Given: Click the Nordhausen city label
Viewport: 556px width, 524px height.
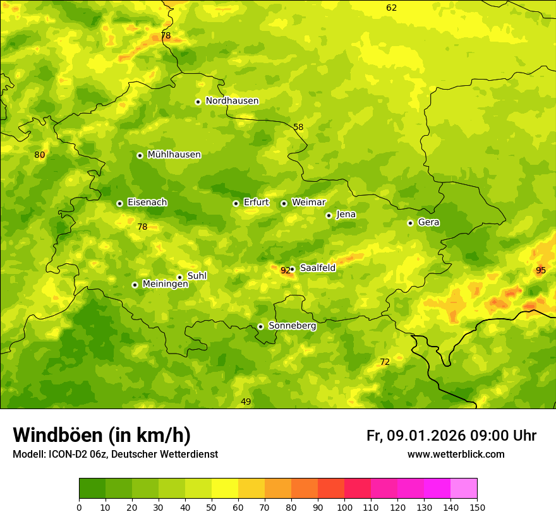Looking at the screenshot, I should (x=232, y=101).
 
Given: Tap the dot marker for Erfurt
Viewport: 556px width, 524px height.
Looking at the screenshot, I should (x=236, y=203).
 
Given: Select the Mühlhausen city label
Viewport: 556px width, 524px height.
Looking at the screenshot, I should (x=174, y=155).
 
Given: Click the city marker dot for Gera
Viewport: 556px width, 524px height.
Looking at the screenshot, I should (x=410, y=223).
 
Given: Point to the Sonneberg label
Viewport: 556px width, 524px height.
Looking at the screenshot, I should (x=292, y=326).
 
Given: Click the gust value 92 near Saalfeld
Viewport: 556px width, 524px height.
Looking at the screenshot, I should (x=285, y=271).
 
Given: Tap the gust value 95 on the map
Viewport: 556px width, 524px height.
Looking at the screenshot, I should (x=540, y=270).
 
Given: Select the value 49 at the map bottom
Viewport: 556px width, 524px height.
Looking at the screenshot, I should (x=246, y=402).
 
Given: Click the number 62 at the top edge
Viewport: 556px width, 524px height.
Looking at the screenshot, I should (x=392, y=8).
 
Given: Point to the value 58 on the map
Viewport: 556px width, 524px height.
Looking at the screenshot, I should (x=298, y=127).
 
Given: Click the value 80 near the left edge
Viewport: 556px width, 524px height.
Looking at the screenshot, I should (x=40, y=155).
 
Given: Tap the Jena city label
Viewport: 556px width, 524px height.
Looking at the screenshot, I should (x=346, y=215).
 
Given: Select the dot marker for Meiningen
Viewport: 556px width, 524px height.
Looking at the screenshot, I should (x=135, y=285).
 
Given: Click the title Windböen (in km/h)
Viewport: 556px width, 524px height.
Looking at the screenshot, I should (x=101, y=435).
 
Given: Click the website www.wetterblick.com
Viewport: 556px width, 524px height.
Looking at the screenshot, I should (x=456, y=454).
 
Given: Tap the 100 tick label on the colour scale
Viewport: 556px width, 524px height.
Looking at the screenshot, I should (x=344, y=507).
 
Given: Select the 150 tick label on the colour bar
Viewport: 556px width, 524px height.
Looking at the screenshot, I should (x=477, y=507).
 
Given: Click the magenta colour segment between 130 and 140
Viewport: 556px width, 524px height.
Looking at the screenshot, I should (x=437, y=489).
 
